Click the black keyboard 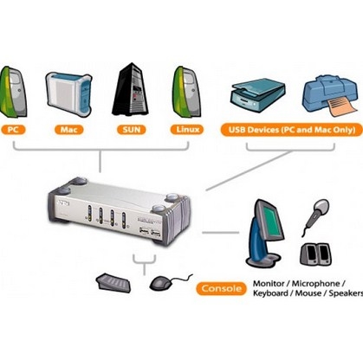113,282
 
